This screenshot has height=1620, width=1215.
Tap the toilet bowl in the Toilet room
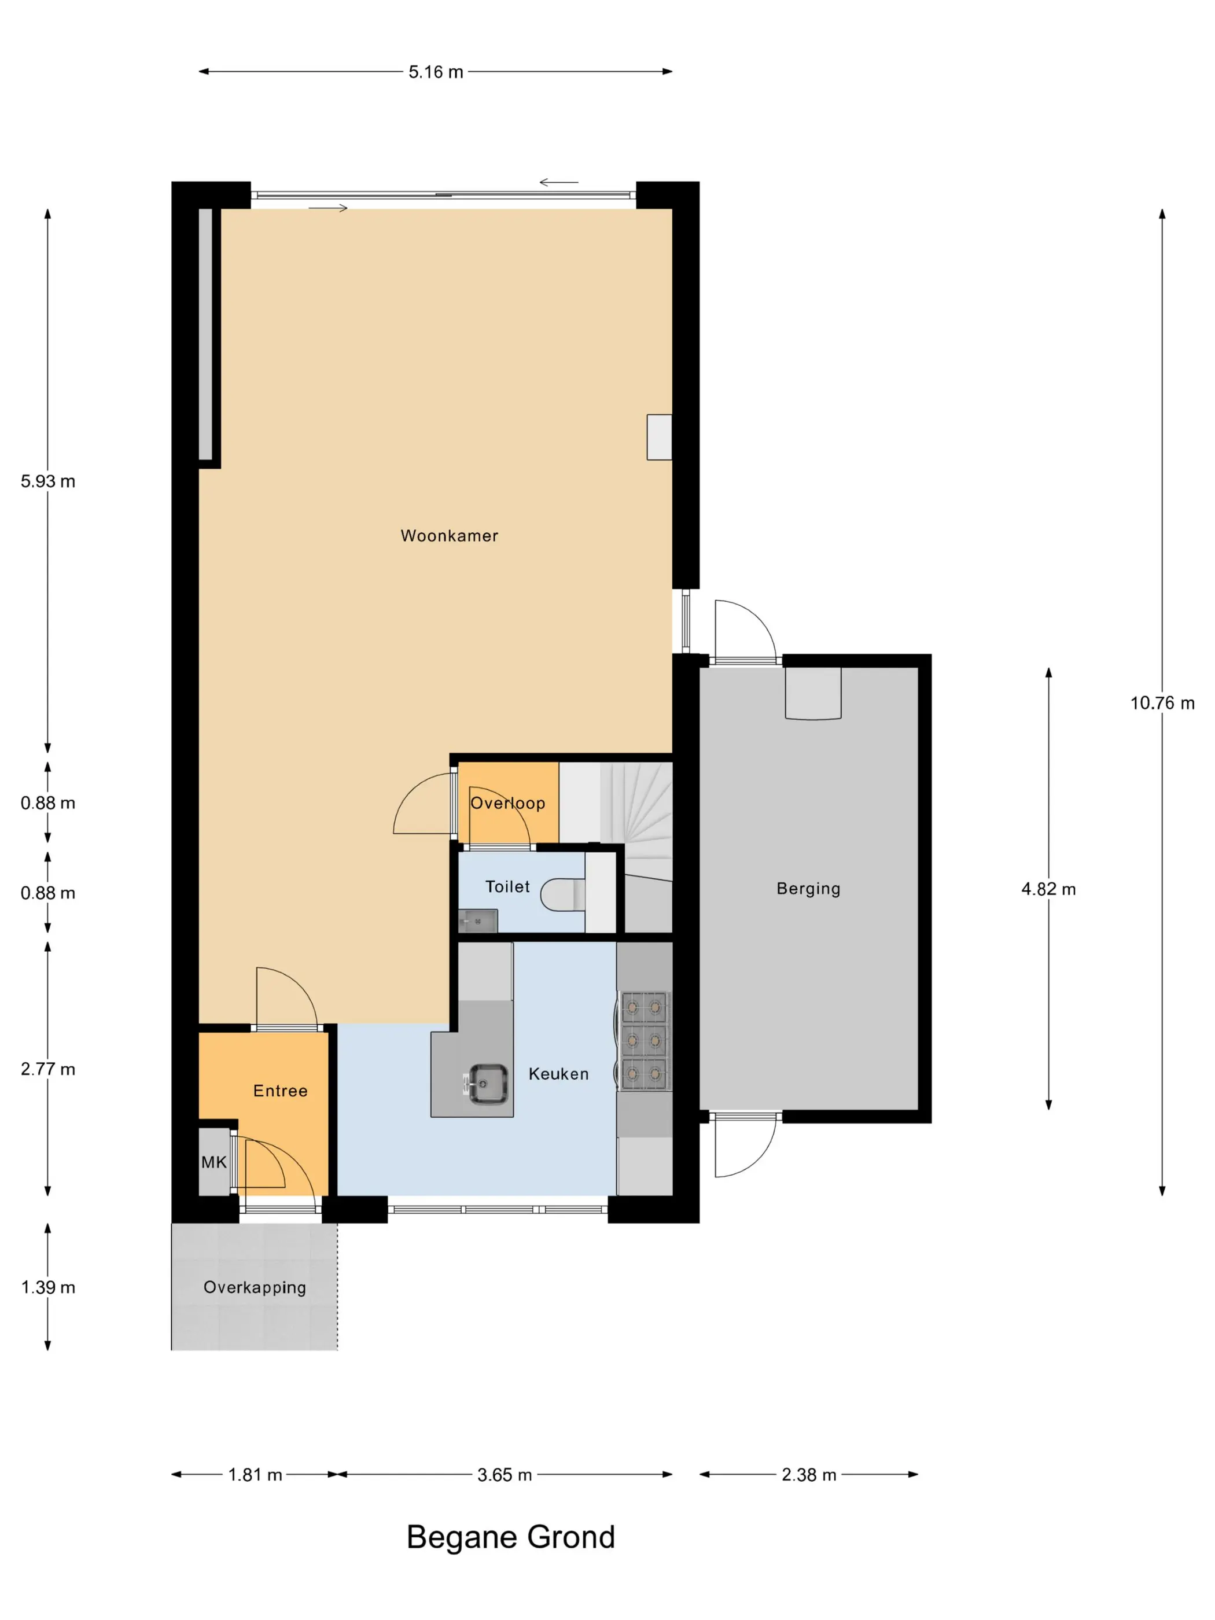[562, 894]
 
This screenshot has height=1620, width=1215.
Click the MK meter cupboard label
[214, 1162]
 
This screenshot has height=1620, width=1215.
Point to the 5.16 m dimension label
[436, 72]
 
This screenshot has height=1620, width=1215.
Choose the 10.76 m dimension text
[1162, 703]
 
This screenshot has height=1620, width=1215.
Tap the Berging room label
[808, 889]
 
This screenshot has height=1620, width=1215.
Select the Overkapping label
[255, 1287]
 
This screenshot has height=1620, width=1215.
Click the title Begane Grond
[510, 1537]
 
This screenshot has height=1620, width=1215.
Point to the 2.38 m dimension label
[808, 1475]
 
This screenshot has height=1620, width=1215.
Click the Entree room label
[281, 1091]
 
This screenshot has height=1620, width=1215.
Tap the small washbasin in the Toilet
[478, 921]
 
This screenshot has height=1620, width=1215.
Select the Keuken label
[559, 1074]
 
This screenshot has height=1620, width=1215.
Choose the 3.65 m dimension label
[505, 1475]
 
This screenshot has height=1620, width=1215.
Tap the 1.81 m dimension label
[255, 1475]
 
